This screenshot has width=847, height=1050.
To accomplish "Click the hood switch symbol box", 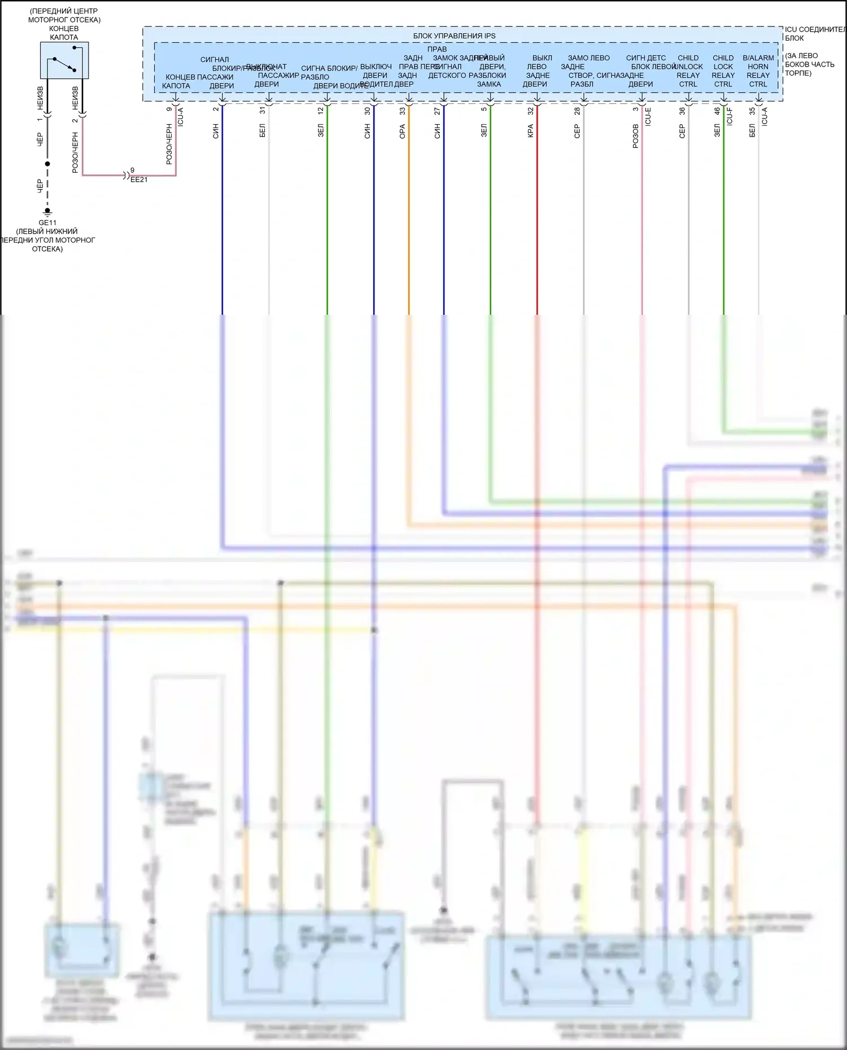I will [x=64, y=60].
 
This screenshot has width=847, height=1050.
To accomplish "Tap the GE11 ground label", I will [x=47, y=223].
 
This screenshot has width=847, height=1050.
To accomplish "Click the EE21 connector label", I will [x=139, y=179].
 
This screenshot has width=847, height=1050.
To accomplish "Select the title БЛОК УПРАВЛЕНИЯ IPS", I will [x=454, y=36].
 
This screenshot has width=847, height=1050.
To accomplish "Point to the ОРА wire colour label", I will [x=403, y=131].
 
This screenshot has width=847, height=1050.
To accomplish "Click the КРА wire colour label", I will [x=530, y=131].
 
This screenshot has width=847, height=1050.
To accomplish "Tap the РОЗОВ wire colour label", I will [x=635, y=136].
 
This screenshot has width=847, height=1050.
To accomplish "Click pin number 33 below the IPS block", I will [x=403, y=111].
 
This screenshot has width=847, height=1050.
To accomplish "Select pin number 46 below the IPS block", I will [x=717, y=111].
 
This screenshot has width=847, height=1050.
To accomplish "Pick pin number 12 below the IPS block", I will [x=321, y=111].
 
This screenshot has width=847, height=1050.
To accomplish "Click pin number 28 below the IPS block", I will [x=577, y=111].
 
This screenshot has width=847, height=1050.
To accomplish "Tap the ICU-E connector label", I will [x=648, y=116].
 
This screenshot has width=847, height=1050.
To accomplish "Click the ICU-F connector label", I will [x=730, y=116].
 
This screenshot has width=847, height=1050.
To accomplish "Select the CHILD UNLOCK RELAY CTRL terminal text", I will [x=688, y=71].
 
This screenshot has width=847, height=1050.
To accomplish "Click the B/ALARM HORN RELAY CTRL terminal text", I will [x=758, y=71].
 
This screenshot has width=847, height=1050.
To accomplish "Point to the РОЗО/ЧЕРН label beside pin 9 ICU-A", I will [x=169, y=144].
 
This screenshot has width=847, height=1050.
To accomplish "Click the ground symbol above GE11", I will [x=47, y=212].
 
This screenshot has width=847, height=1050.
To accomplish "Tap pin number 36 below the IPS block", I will [x=682, y=111].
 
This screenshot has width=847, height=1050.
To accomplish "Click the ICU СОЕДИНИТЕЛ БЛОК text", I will [x=814, y=34].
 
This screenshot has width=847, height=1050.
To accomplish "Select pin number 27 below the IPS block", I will [x=438, y=111].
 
